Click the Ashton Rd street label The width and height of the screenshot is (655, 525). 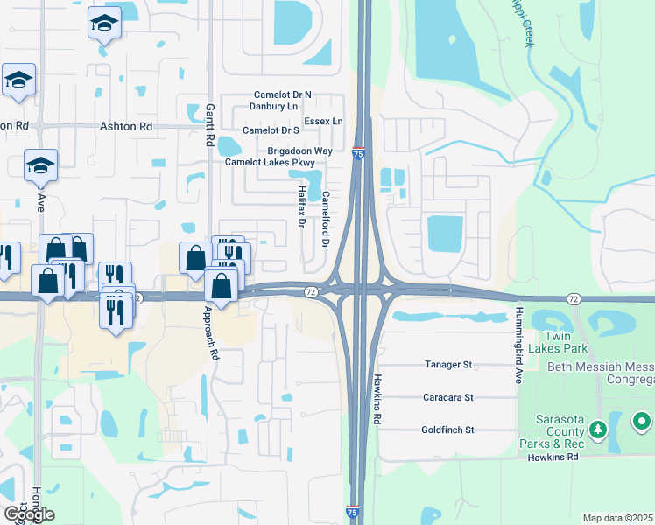126,126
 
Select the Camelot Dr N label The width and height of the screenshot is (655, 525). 283,94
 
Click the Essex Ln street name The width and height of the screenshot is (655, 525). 323,121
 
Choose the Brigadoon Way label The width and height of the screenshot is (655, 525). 299,150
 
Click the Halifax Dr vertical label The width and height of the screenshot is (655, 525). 299,210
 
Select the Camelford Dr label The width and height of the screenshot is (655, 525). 325,219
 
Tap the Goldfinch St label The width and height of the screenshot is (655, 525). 448,430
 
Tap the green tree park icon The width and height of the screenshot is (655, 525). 598,429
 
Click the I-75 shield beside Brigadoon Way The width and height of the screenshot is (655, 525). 359,153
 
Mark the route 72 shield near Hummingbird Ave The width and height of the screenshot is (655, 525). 574,299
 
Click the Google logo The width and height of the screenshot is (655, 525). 28,514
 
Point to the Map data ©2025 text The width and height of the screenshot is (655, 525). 617,518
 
